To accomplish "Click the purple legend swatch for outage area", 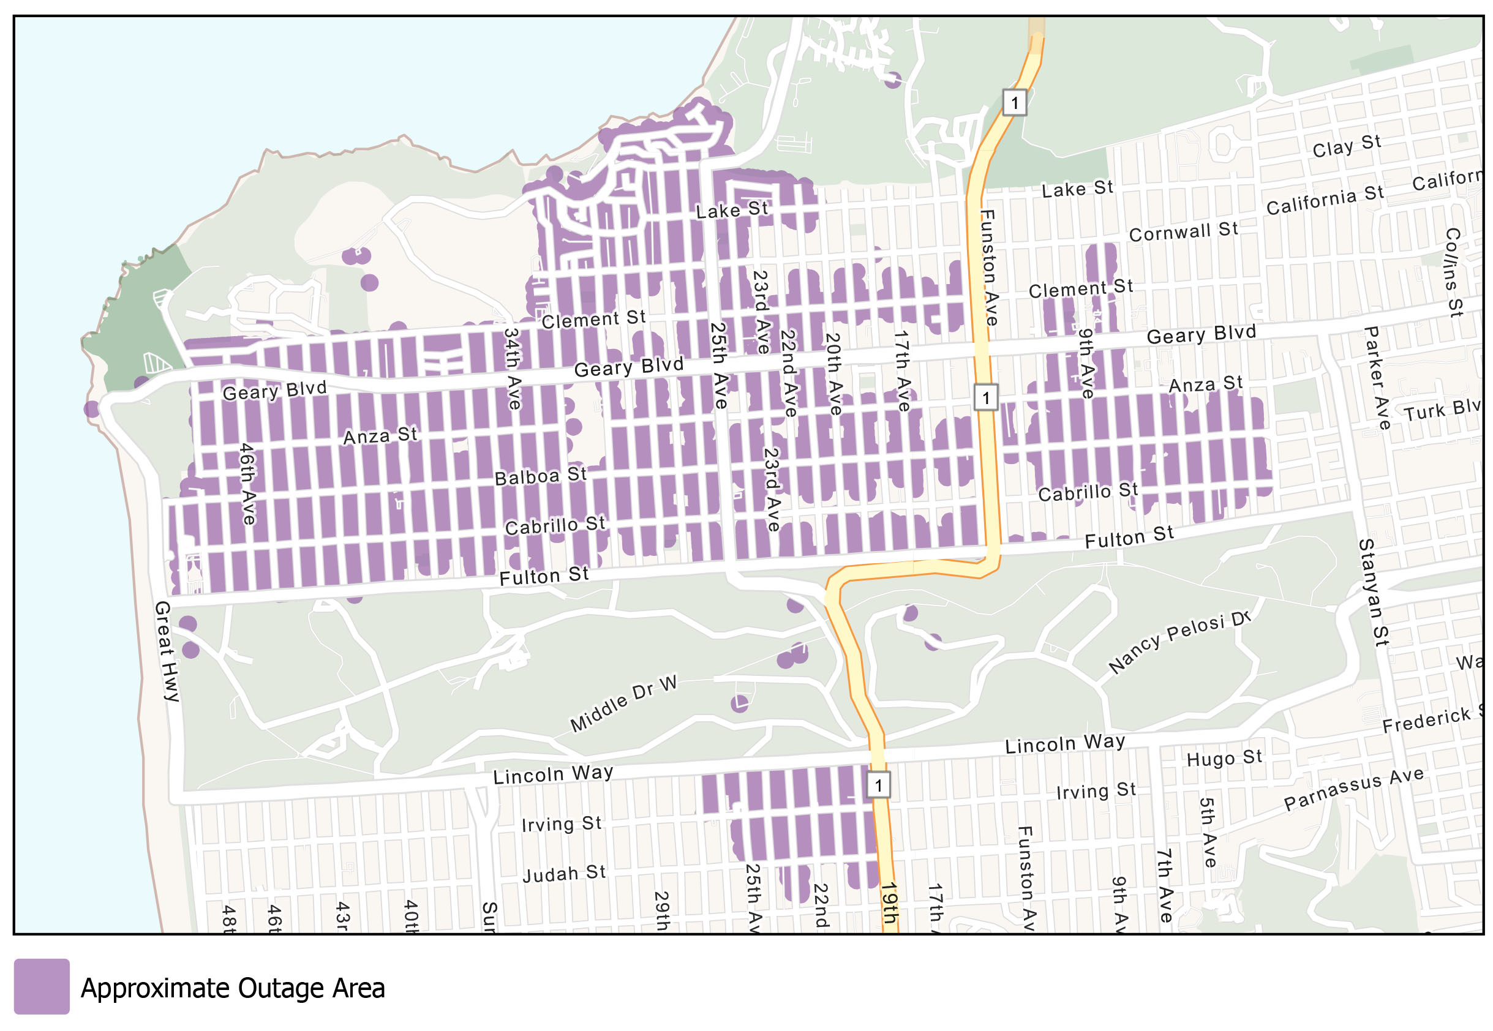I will click(x=42, y=986).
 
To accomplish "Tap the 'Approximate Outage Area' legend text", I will click(x=232, y=988).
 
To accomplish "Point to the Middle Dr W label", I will click(x=623, y=703).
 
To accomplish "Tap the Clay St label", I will click(x=1347, y=146).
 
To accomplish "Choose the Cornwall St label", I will click(x=1183, y=232).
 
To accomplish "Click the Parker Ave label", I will click(x=1375, y=377).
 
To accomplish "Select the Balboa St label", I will click(x=540, y=476).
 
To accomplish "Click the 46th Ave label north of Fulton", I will click(x=247, y=482).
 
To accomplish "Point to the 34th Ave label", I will click(x=513, y=368).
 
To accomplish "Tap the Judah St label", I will click(x=563, y=874).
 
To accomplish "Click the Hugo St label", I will click(x=1224, y=758).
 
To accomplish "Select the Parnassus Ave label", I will click(x=1353, y=787).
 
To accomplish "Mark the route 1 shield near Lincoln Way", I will click(x=878, y=785).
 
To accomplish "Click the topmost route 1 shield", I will click(x=1014, y=102).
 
